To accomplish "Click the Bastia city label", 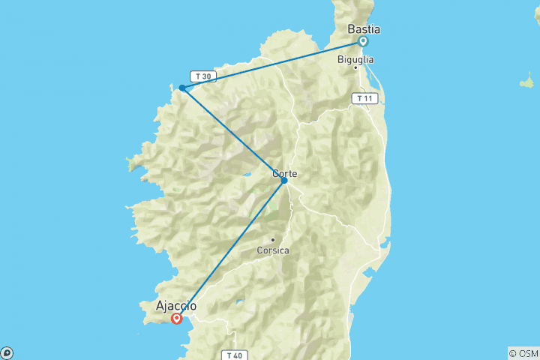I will [364, 29].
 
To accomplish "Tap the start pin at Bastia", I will [362, 41].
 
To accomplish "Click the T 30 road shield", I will [202, 76].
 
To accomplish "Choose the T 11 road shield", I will [364, 98].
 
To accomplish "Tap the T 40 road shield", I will [232, 355].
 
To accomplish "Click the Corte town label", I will [284, 173].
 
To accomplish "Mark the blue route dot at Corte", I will [284, 180].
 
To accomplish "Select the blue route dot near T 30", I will [182, 88].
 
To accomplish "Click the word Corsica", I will [272, 250].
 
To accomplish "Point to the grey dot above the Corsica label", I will [272, 240].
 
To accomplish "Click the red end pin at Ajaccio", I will [176, 318].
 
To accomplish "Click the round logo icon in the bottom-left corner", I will [6, 353].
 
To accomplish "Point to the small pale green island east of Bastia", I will [527, 81].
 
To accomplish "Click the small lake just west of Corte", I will [245, 178].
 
